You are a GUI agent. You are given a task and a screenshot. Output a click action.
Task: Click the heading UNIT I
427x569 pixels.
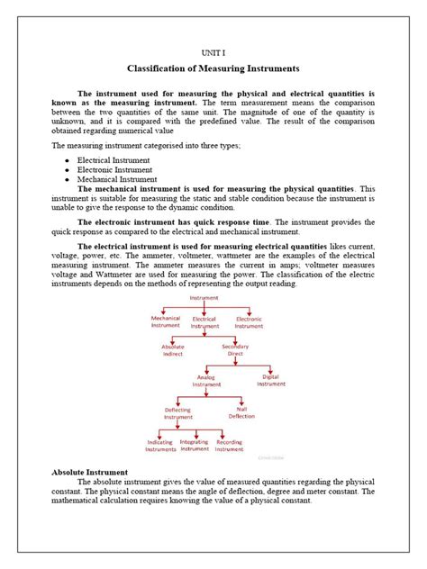tap(213, 54)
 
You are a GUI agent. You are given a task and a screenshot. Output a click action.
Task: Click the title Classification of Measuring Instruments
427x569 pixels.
tap(213, 69)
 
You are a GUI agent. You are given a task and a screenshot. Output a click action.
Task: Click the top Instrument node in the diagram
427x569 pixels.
tap(204, 296)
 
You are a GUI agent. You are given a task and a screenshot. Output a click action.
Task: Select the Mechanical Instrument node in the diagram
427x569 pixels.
tap(165, 321)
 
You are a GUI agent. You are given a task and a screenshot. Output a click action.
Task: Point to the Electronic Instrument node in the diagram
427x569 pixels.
tap(249, 321)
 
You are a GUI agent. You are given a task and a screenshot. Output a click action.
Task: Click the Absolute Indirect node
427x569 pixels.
tap(172, 350)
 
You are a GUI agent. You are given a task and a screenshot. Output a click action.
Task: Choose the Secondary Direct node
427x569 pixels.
tap(235, 350)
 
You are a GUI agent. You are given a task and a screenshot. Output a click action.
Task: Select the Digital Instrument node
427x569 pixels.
tap(270, 380)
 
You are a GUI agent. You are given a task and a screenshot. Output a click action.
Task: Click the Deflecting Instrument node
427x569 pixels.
tap(177, 412)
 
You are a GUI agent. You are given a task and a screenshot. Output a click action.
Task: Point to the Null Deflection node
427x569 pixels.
tap(241, 412)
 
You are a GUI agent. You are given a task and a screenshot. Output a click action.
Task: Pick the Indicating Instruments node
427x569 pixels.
tap(161, 445)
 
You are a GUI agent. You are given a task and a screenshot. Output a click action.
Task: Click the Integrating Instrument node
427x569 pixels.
tap(195, 445)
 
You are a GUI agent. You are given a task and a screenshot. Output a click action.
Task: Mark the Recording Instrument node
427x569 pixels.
tap(229, 445)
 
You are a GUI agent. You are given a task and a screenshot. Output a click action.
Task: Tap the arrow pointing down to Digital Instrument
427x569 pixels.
tap(270, 369)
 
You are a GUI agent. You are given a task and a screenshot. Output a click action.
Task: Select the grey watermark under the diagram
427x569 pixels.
tap(269, 456)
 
